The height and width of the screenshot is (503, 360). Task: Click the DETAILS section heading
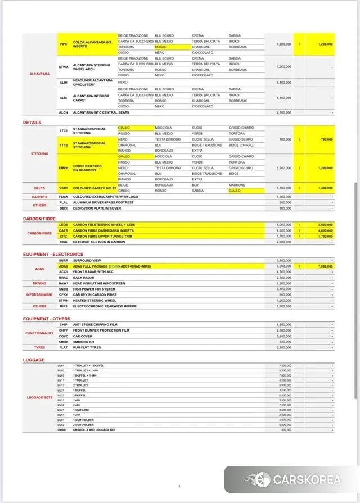pos(32,123)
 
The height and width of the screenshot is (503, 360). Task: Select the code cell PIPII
pos(64,44)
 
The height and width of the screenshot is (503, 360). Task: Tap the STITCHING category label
pos(39,153)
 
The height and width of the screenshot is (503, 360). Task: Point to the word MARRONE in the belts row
pos(237,185)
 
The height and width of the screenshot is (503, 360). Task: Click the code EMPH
pos(64,168)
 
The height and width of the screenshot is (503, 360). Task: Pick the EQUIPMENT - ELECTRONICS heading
pos(53,255)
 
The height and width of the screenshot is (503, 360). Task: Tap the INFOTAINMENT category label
pos(39,294)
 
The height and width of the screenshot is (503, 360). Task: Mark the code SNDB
pos(64,289)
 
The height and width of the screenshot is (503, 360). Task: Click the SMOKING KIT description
pos(84,342)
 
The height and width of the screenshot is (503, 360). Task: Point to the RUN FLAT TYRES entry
pos(87,348)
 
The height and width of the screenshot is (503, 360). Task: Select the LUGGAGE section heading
pos(34,360)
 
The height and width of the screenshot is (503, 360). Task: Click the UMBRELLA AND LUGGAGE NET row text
pos(94,430)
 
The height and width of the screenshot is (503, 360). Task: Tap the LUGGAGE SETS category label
pos(39,398)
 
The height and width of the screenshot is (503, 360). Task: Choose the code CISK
pos(64,242)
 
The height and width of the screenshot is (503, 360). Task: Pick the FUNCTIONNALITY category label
pos(39,333)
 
